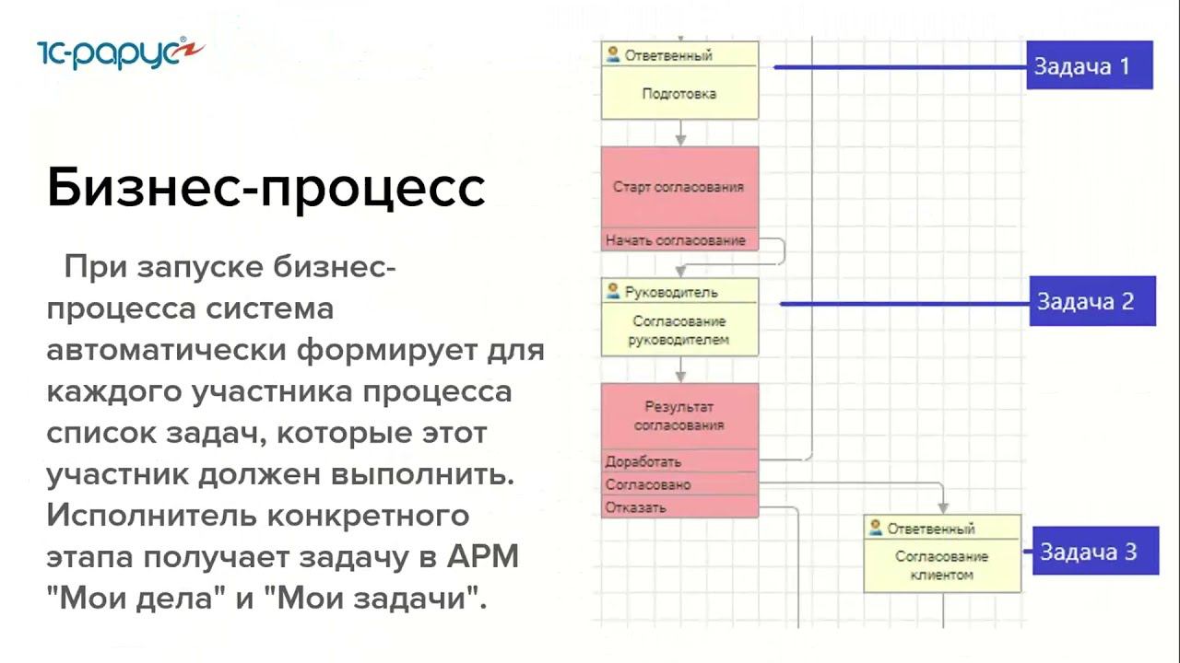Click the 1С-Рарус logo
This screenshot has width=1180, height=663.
point(120,52)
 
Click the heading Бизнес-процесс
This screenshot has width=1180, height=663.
point(265,188)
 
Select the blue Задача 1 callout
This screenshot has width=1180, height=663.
point(1090,65)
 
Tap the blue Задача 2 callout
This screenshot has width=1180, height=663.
point(1092,301)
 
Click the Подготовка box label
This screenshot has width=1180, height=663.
point(679,94)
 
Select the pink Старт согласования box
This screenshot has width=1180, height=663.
point(679,187)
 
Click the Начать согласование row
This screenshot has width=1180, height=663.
point(676,240)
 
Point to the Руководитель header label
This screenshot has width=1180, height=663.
point(671,292)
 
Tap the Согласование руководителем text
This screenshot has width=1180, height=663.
point(679,331)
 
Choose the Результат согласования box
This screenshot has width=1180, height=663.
point(679,415)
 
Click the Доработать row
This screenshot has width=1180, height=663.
point(643,461)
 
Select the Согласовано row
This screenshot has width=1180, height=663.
point(648,484)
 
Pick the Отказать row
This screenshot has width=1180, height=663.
point(636,507)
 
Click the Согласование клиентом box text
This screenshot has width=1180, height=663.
point(941,565)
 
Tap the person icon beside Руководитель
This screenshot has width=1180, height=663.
point(613,291)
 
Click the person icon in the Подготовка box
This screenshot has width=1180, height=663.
point(613,54)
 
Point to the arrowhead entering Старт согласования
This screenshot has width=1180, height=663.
point(680,140)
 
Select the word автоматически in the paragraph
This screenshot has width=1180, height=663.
point(167,351)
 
